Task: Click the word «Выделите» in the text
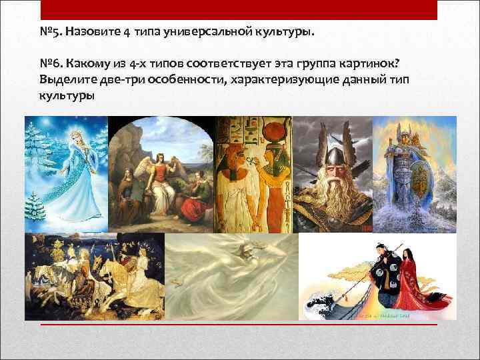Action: [x=64, y=81]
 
